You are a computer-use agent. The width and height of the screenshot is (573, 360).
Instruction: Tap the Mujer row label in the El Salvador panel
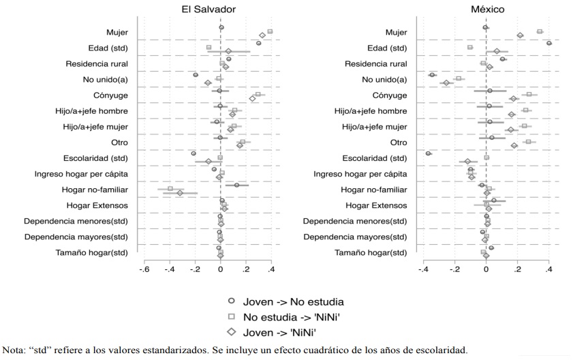tap(117, 32)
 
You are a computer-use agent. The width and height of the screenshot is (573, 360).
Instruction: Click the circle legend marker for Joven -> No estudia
tap(232, 301)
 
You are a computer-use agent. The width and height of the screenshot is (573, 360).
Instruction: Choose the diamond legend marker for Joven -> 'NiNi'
tap(232, 332)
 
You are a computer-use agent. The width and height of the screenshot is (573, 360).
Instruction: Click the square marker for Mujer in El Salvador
tap(270, 31)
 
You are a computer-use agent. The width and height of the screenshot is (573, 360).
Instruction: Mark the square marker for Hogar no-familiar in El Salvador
tap(170, 188)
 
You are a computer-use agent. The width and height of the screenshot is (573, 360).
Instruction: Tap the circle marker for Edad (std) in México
tap(548, 44)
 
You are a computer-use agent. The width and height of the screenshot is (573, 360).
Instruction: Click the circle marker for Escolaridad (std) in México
tap(428, 153)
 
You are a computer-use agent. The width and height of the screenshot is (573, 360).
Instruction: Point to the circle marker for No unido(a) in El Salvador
tap(196, 75)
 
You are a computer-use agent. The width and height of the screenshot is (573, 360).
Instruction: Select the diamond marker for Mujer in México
tap(520, 35)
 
